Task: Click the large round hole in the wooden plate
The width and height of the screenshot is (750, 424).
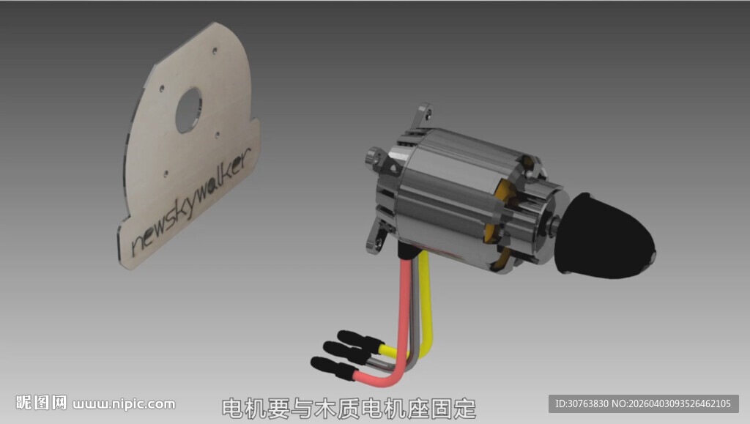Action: click(188, 111)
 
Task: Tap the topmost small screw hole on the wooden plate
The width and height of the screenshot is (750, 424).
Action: click(215, 51)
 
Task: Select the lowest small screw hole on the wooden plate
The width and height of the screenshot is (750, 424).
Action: click(166, 174)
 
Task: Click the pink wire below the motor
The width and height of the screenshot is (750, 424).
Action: click(403, 330)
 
